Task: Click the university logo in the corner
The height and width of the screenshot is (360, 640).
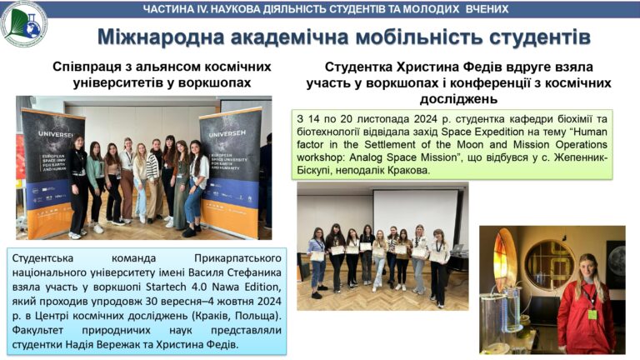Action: click(x=23, y=23)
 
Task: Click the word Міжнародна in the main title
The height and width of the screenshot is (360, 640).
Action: click(x=161, y=37)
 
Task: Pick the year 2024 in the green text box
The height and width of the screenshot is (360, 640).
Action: click(x=425, y=119)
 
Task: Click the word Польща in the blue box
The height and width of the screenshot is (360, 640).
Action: click(x=251, y=316)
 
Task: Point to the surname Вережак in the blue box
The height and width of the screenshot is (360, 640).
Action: click(x=122, y=344)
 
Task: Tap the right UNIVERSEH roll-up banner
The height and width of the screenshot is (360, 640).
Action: click(x=231, y=173)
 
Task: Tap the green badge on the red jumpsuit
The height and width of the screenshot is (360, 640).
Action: click(x=592, y=314)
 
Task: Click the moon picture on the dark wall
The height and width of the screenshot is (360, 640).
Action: click(x=617, y=260)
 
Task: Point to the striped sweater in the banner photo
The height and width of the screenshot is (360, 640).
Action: click(x=152, y=167)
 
